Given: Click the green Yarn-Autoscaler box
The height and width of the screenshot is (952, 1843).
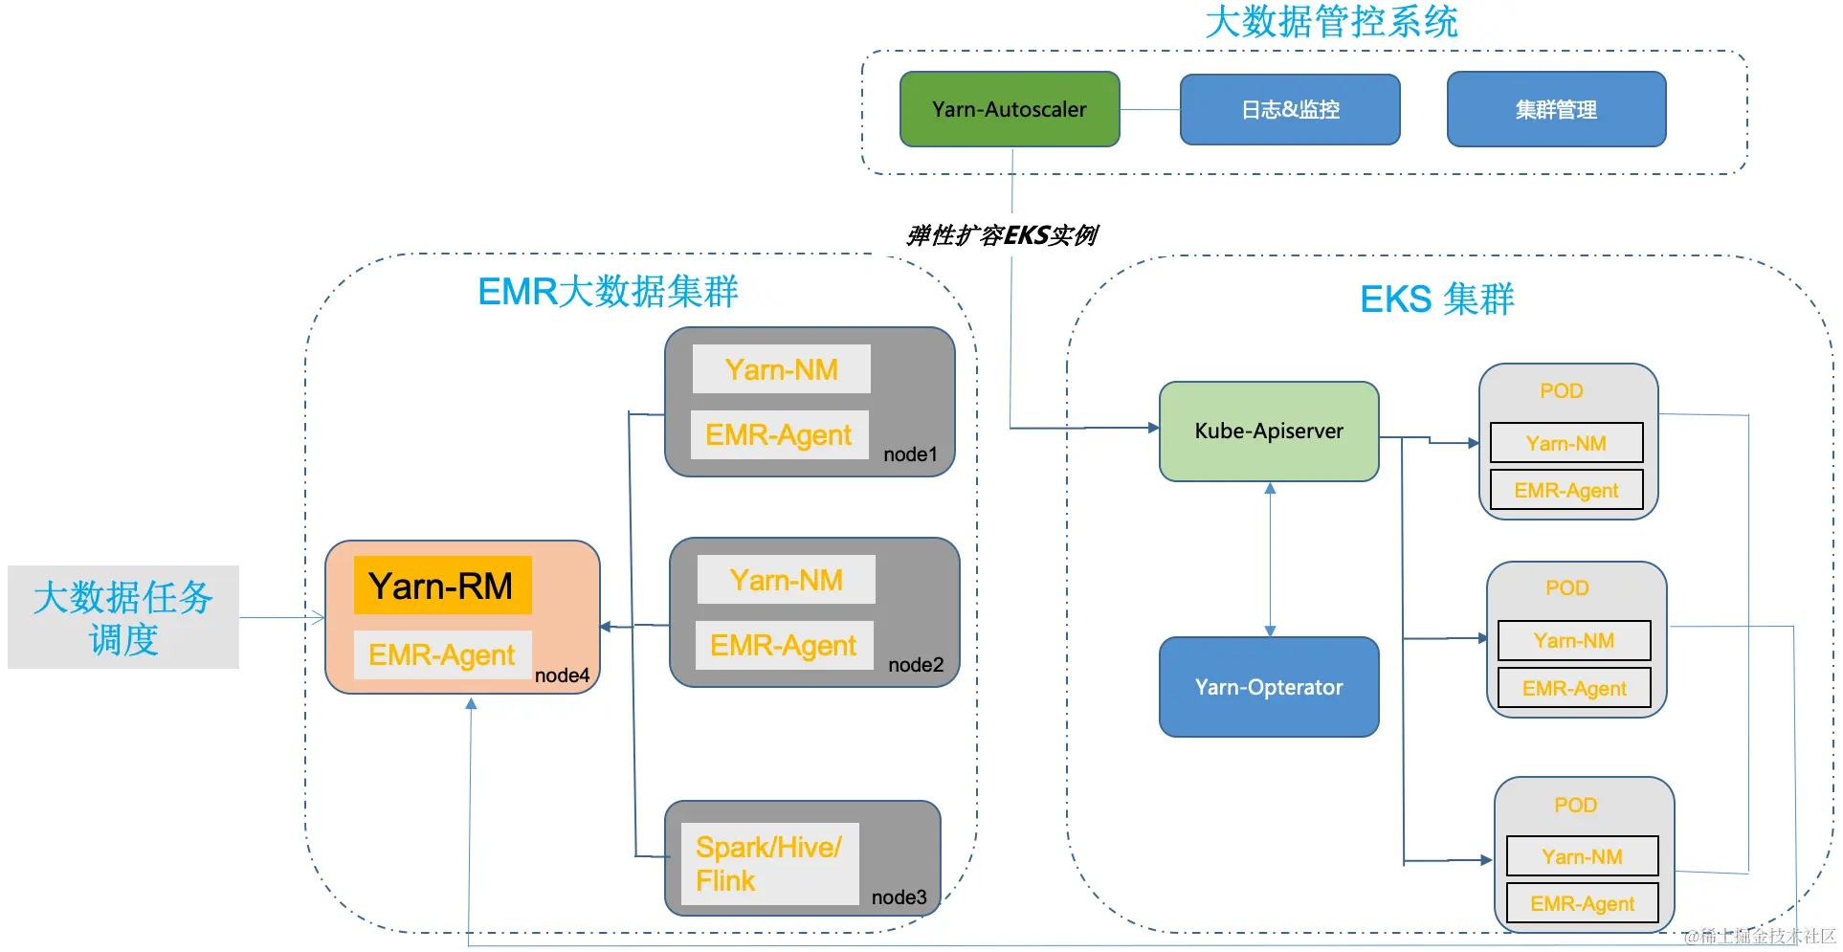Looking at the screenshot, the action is point(1010,109).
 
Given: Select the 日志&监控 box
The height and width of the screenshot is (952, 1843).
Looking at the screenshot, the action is point(1290,110).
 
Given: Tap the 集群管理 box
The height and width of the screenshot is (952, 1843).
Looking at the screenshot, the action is point(1557,109).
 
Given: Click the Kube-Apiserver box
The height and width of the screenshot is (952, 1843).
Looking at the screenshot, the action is point(1269,432).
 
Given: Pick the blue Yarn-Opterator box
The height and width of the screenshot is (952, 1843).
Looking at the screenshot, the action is point(1269,687).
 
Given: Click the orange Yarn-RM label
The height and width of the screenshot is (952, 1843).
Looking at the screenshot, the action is point(442,586).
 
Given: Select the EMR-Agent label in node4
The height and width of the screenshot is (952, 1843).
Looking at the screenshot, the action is point(442,654).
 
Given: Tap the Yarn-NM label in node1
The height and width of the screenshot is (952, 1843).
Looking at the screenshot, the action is point(782,369).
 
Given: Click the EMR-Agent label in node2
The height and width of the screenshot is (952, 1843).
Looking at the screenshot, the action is point(784,646).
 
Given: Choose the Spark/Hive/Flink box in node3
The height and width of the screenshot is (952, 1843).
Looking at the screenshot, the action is point(769,864).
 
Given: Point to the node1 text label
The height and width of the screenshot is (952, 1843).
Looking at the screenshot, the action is point(910,454).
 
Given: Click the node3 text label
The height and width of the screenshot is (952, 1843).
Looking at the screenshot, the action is point(899,897).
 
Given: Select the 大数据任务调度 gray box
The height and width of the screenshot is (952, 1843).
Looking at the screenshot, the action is point(123,617).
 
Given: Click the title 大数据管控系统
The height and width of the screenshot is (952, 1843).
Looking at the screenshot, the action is point(1332,22).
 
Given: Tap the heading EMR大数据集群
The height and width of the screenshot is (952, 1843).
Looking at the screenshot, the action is point(608,291).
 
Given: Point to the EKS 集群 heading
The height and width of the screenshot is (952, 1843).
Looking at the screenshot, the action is point(1437,299).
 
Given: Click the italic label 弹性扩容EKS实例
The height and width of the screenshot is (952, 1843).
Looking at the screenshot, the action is point(1002,235).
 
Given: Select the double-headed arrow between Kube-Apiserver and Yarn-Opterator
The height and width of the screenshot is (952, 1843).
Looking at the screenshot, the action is point(1270,560).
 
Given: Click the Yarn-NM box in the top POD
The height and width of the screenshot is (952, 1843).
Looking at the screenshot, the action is point(1566,443).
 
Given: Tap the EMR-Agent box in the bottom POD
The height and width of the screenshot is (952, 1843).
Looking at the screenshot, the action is point(1583,903).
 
